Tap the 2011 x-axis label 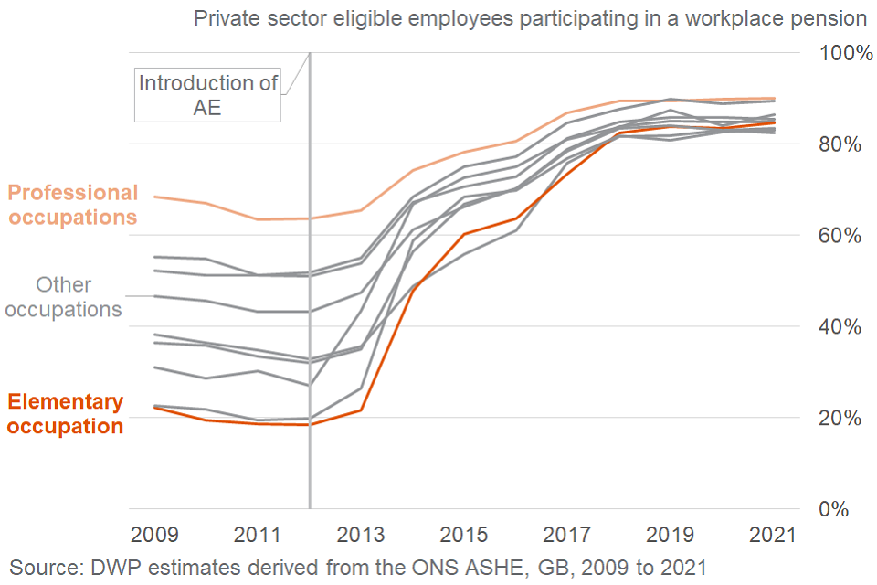[x=259, y=535]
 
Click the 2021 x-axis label [x=772, y=535]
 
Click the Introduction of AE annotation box [x=208, y=95]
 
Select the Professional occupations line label [x=72, y=205]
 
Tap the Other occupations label [x=63, y=297]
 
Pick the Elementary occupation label [x=65, y=414]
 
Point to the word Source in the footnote [x=44, y=567]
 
